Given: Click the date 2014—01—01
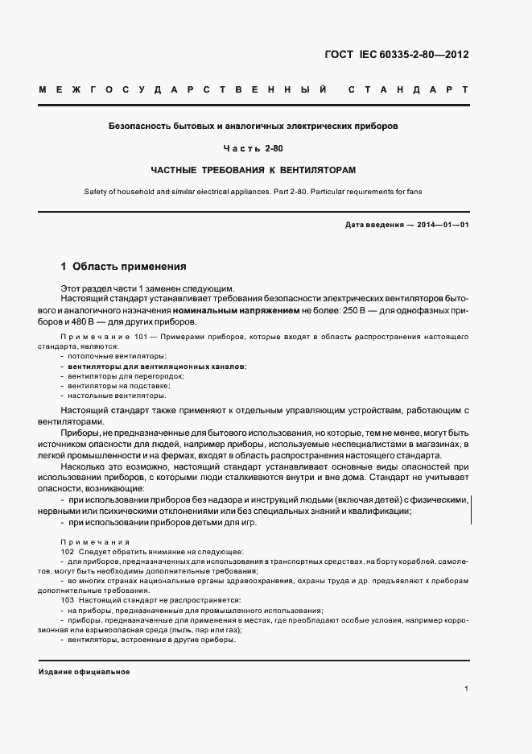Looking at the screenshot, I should click(x=442, y=225).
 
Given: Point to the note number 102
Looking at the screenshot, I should click(x=67, y=551).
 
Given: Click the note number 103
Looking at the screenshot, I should click(x=67, y=601).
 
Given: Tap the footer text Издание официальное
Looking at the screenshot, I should click(x=84, y=672).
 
